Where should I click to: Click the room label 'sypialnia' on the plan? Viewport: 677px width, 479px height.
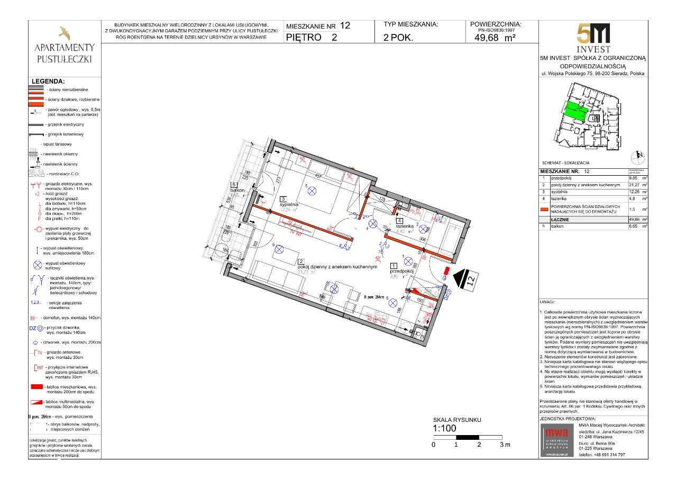click(291, 203)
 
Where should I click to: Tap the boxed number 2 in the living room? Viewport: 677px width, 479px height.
click(300, 261)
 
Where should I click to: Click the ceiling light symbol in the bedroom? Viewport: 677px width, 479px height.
click(312, 191)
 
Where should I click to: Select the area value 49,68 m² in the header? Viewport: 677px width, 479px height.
click(495, 37)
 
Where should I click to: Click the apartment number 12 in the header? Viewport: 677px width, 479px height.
click(344, 25)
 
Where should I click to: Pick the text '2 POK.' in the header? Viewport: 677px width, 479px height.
click(398, 38)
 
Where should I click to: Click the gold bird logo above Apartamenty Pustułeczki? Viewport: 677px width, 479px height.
click(64, 33)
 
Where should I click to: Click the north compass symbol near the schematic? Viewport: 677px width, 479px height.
click(639, 156)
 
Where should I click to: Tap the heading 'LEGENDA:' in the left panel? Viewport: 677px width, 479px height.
click(48, 82)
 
